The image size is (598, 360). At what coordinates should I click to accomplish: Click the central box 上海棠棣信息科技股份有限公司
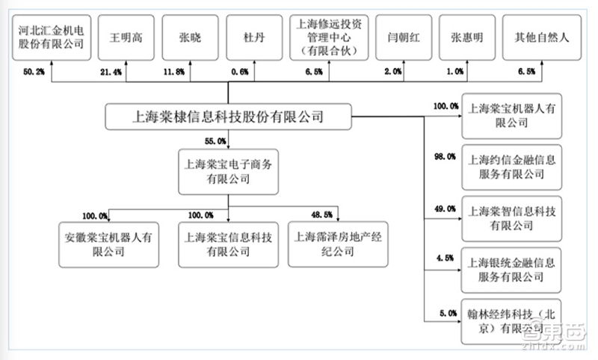(227, 117)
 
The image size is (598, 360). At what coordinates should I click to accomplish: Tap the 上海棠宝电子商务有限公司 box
(227, 170)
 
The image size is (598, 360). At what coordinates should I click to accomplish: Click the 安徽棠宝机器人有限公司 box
(108, 244)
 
